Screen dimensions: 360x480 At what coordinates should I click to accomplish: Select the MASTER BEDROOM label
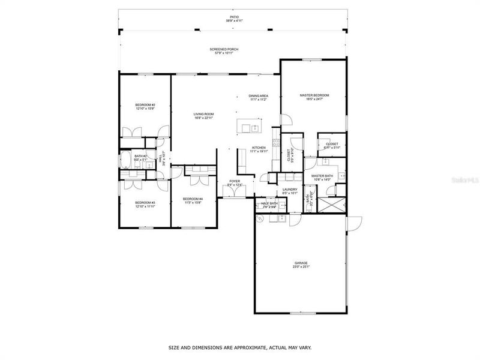point(314,95)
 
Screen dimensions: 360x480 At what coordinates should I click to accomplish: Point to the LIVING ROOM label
point(204,114)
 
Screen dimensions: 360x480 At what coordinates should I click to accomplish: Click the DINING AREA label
point(259,96)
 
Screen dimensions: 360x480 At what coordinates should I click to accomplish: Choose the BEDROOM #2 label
point(145,106)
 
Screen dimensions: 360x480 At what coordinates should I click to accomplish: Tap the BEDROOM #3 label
point(145,202)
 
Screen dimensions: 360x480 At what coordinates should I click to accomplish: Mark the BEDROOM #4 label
point(193,199)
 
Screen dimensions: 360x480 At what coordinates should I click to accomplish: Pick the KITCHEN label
point(259,148)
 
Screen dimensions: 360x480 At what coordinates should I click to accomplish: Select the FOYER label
point(235,181)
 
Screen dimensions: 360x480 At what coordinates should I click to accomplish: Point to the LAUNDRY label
point(290,190)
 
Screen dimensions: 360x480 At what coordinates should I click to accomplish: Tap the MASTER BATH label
point(322,176)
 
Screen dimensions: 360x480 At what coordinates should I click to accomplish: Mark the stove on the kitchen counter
point(276,143)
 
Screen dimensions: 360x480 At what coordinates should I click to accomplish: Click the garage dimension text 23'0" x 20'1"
point(301,267)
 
